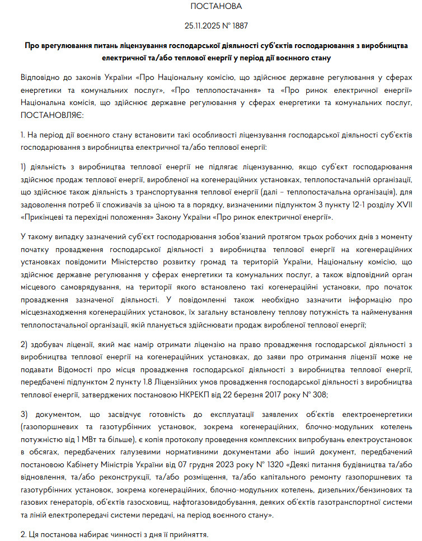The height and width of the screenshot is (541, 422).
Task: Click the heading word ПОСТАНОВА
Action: [x=216, y=7]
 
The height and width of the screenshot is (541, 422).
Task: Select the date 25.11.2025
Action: [x=203, y=26]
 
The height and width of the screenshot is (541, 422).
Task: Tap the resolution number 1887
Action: [x=239, y=26]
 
